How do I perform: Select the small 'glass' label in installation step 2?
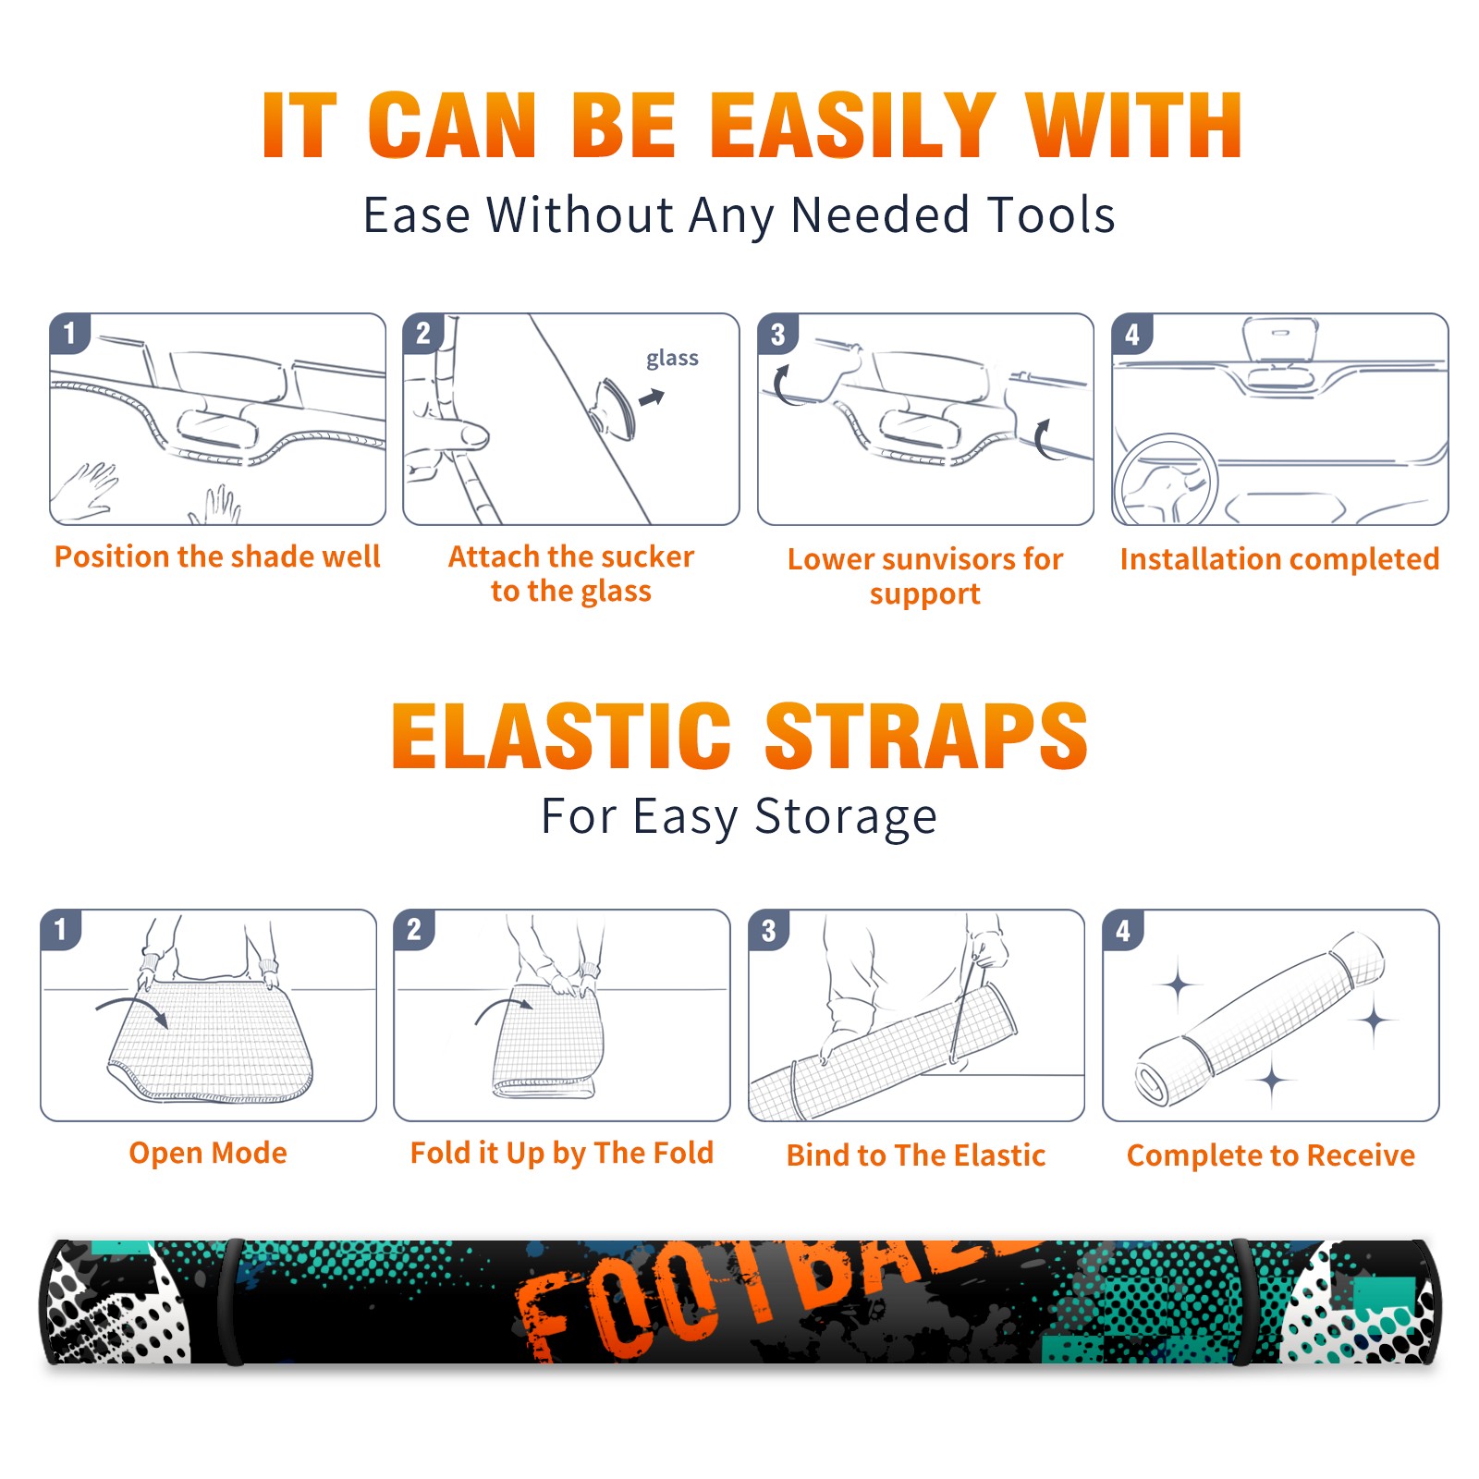click(x=672, y=359)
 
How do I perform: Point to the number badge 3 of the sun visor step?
click(x=776, y=333)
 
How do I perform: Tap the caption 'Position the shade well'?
click(x=217, y=556)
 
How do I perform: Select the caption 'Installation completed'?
click(x=1279, y=558)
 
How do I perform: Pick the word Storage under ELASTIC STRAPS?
click(x=846, y=817)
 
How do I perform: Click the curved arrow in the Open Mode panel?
click(x=131, y=1009)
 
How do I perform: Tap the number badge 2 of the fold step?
click(x=413, y=929)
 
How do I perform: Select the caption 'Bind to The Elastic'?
click(x=916, y=1155)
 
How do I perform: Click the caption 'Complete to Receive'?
click(x=1271, y=1155)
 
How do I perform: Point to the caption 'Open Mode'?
click(x=208, y=1153)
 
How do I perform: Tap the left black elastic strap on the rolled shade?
click(x=231, y=1302)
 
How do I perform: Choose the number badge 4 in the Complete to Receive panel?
click(x=1122, y=929)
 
